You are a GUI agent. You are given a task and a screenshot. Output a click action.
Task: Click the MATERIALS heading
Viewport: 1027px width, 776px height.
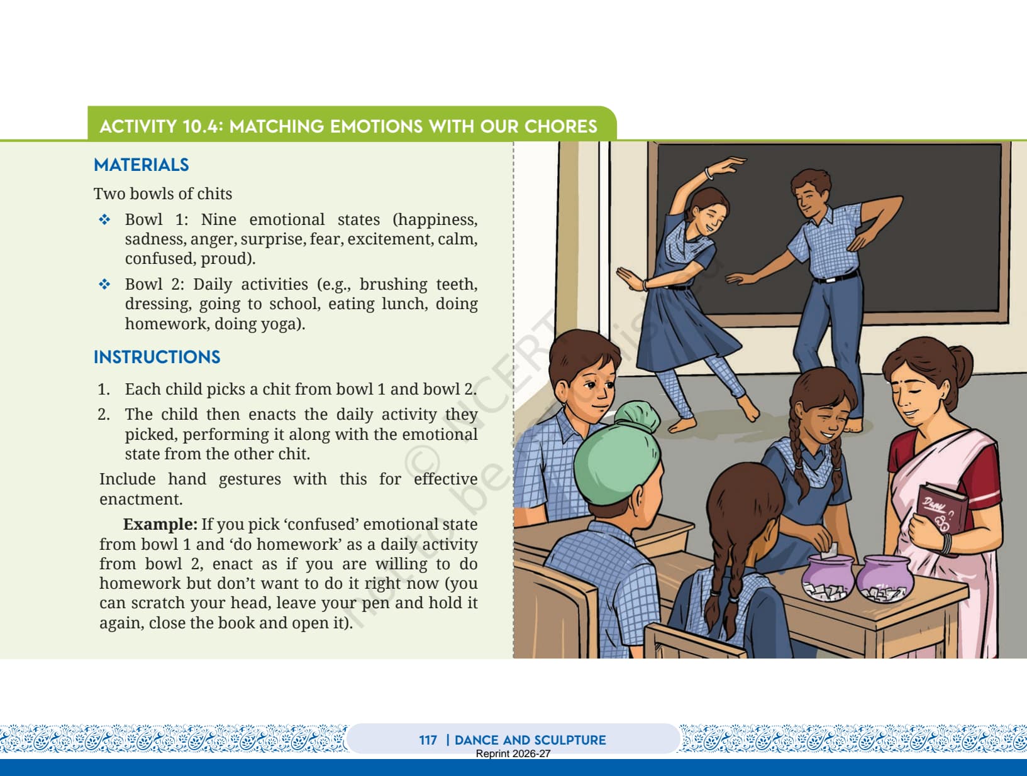pos(142,165)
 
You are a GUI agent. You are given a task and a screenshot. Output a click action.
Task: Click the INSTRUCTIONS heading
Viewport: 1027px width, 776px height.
pos(157,357)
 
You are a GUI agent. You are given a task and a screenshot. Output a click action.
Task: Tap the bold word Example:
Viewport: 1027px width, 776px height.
pos(160,525)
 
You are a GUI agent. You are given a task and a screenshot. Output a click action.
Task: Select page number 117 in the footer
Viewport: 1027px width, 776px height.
pos(428,740)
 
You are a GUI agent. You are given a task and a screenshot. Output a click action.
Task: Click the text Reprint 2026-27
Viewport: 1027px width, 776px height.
pos(513,753)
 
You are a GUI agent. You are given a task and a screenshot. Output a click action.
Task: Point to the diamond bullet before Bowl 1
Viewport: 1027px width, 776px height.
pos(104,219)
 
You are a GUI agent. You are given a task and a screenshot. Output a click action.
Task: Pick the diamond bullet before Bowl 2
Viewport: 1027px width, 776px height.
pos(104,284)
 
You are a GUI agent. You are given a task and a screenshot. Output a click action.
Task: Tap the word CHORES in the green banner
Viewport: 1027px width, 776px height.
pos(560,127)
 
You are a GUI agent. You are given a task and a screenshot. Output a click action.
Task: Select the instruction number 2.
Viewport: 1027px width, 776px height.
pos(103,415)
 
